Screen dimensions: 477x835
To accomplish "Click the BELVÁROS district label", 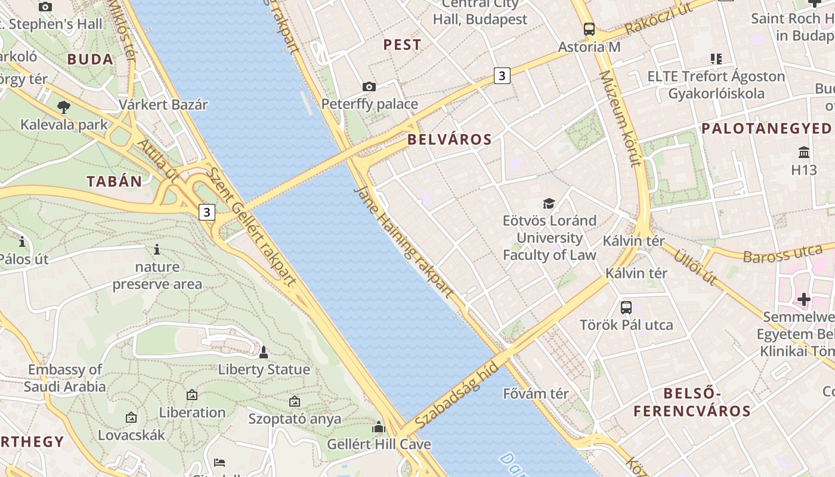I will tap(450, 140).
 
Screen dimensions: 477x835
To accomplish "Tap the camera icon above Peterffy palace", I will tap(369, 87).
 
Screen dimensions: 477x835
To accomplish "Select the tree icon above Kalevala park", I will tap(64, 107).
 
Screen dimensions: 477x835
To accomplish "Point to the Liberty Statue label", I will tap(264, 370).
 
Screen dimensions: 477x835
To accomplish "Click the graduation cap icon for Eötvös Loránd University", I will tap(549, 203).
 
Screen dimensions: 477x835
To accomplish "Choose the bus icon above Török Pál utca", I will tap(626, 308).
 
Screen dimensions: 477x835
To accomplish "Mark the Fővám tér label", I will tap(536, 394).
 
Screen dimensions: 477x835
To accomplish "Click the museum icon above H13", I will tap(804, 153).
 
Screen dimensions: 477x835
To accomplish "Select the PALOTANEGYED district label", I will tap(766, 129).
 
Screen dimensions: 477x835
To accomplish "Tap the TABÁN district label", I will tap(115, 182).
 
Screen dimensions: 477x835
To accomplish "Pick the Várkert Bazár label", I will tap(163, 105).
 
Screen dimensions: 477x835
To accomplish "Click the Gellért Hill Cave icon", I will tap(379, 427).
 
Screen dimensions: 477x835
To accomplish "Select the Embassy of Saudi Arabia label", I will tap(66, 378).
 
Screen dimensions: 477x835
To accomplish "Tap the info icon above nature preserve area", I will tap(157, 249).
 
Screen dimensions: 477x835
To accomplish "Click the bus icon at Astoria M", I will tap(589, 29).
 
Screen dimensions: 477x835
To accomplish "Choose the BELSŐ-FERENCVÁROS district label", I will tap(692, 402).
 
